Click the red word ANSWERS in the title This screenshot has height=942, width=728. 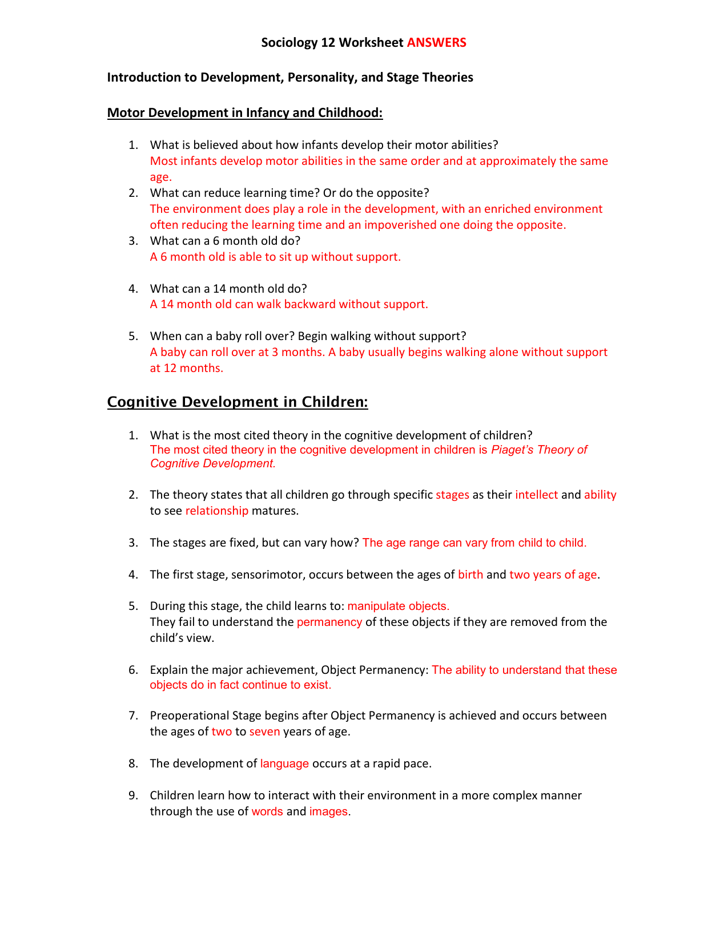pos(436,42)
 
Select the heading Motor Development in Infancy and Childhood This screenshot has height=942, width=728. pos(244,112)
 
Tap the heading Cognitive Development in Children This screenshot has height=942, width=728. pos(238,402)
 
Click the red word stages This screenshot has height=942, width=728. pos(452,495)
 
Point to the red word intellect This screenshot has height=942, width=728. pos(536,495)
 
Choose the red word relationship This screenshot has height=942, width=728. pos(216,511)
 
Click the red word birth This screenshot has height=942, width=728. pos(470,575)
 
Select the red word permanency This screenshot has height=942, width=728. pos(329,622)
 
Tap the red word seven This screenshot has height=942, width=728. pos(264,731)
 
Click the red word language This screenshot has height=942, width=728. pos(284,763)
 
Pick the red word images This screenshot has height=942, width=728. pos(328,811)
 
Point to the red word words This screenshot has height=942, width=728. pos(267,811)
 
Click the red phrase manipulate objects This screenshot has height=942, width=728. pos(398,606)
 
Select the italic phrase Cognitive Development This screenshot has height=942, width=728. pos(212,463)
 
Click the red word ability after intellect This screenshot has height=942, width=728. pos(600,495)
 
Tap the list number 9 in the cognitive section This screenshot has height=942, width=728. pos(132,795)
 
